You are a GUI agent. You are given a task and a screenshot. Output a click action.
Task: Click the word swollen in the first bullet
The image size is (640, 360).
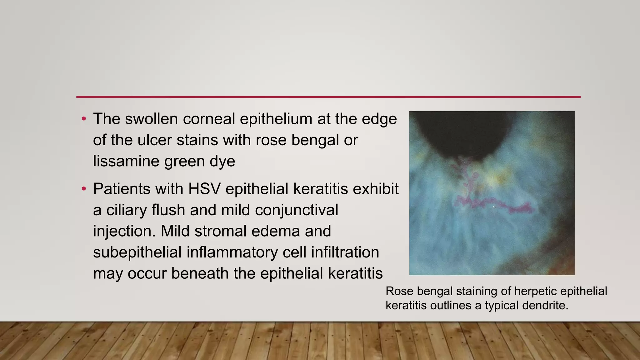tap(151, 119)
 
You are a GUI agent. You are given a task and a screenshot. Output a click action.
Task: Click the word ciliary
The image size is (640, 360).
tap(126, 210)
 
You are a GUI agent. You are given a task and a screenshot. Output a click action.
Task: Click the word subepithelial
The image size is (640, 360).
tap(137, 252)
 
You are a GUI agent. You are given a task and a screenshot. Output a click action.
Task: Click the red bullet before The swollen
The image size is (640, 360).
tap(83, 119)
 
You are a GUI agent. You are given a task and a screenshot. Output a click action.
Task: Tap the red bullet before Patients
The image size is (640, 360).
tap(83, 189)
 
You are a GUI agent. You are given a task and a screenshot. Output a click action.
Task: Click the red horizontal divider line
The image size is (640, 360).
tap(328, 97)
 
